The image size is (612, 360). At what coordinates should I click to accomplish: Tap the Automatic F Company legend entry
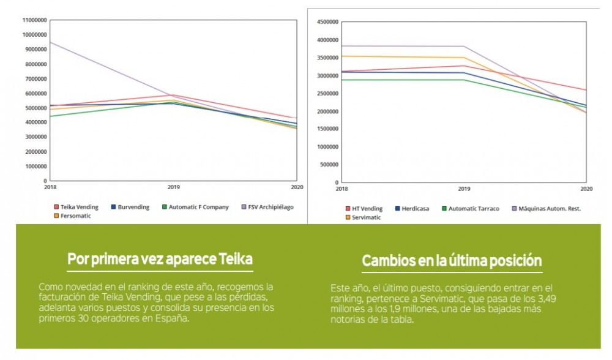pos(195,207)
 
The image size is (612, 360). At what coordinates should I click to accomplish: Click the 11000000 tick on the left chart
pos(34,20)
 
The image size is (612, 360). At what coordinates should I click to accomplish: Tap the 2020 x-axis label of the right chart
pos(586,190)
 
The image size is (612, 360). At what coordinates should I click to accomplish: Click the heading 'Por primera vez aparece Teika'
pos(160,260)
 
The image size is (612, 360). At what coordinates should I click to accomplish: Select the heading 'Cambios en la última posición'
pos(452,261)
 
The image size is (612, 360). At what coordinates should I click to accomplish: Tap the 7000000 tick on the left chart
pos(35,79)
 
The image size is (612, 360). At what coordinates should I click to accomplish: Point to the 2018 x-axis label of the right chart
pos(341,190)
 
